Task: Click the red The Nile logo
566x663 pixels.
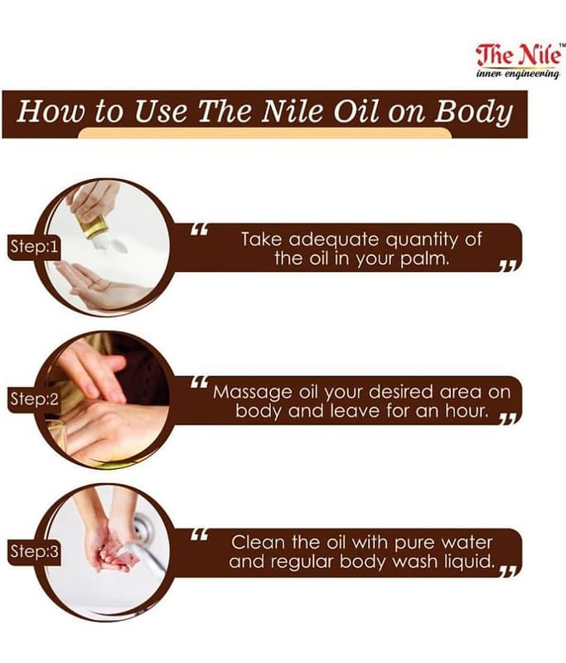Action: [520, 55]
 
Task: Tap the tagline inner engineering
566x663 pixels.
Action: [518, 74]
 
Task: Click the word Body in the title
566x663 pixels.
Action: [474, 112]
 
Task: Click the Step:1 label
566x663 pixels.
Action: [34, 246]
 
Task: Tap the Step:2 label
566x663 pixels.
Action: [34, 399]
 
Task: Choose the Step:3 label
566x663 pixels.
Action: [34, 551]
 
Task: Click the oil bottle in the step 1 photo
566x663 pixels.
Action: [94, 226]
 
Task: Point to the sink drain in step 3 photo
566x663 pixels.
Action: [144, 527]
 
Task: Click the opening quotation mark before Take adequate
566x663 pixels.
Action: [199, 230]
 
